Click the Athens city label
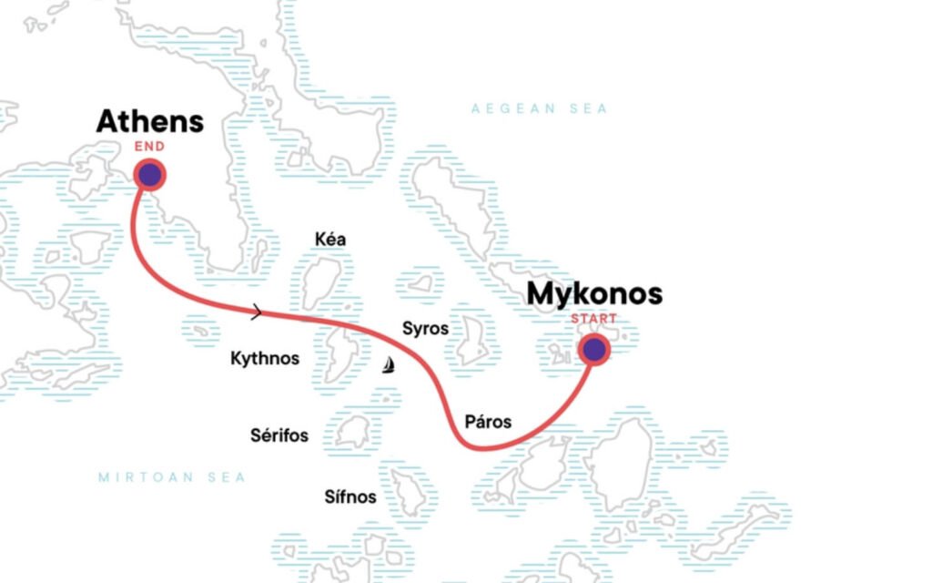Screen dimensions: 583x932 [150, 121]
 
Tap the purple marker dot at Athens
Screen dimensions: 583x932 [149, 175]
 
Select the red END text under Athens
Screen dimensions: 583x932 [149, 146]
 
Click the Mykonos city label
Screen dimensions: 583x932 [594, 294]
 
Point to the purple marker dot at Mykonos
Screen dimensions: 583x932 [594, 349]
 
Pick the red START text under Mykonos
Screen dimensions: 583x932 [593, 319]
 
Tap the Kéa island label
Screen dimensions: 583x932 [329, 240]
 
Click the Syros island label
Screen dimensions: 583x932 [425, 327]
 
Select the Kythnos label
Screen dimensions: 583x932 [265, 358]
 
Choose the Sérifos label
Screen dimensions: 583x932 [279, 435]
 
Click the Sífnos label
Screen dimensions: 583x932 [350, 496]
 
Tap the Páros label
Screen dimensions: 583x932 [488, 422]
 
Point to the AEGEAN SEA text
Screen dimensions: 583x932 [539, 109]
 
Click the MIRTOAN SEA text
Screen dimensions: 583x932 [172, 477]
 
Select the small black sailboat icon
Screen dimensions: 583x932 [389, 366]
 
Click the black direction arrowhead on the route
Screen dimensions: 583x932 [257, 313]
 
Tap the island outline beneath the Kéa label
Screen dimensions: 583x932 [321, 281]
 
